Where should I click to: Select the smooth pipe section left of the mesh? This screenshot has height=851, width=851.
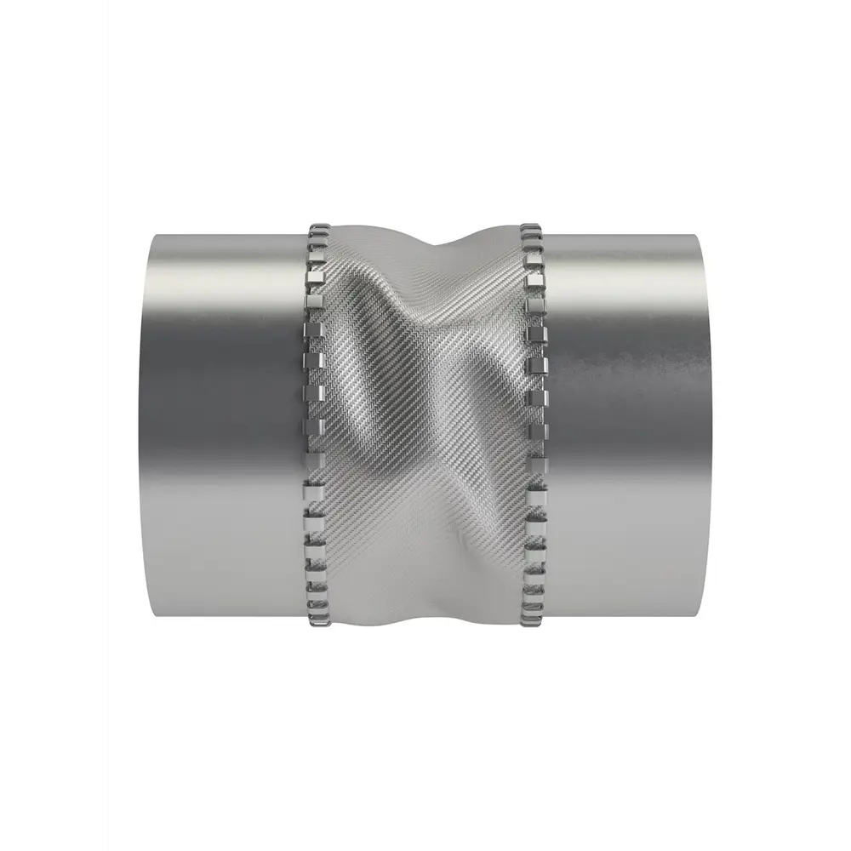[x=221, y=425]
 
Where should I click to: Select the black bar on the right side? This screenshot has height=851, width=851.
[x=797, y=425]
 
